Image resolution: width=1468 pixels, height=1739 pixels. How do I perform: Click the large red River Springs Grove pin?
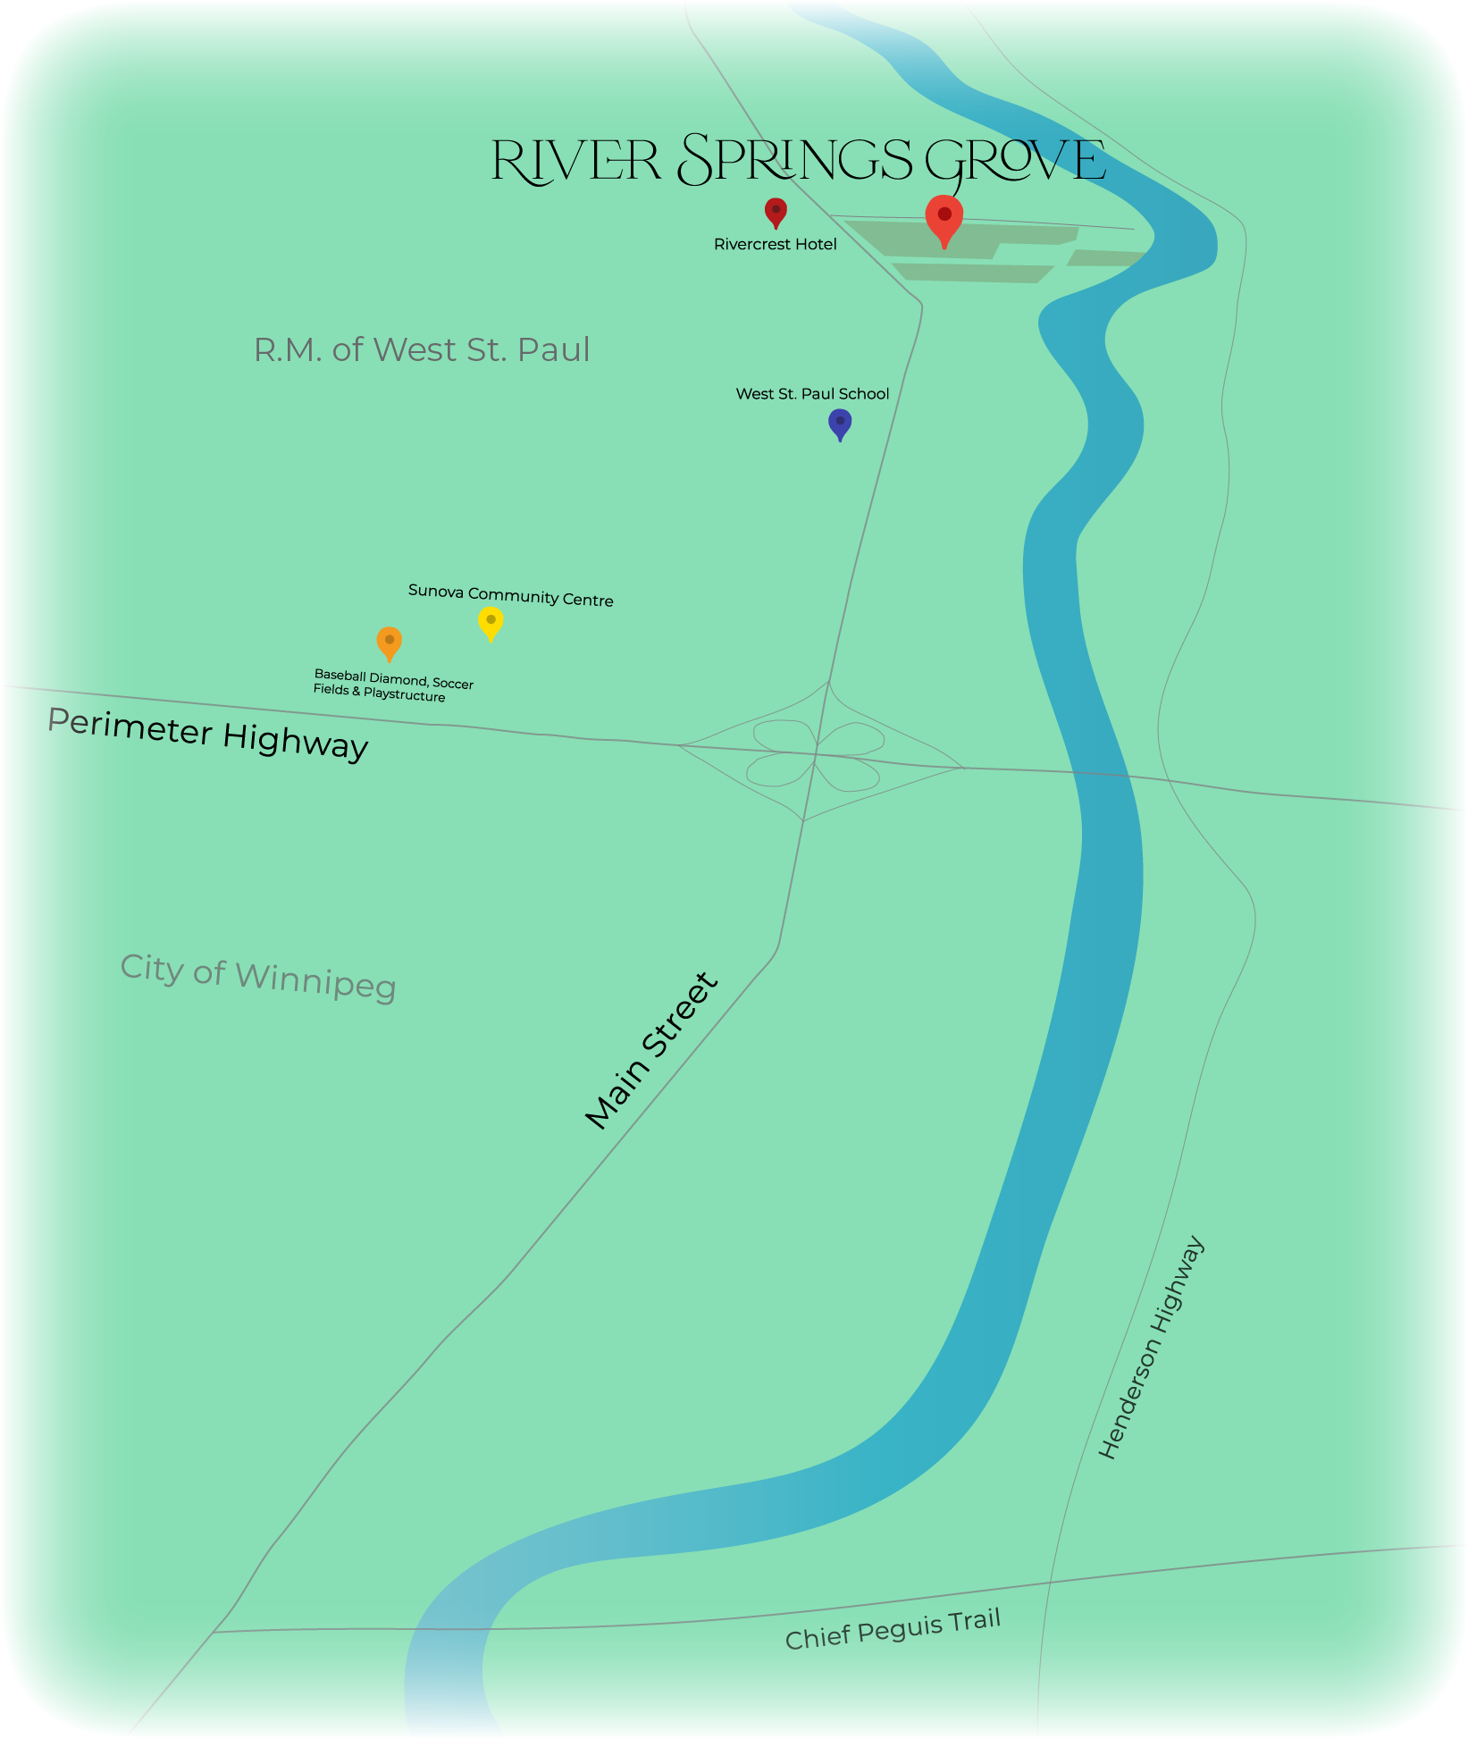pyautogui.click(x=944, y=217)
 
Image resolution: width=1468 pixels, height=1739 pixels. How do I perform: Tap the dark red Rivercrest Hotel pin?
pyautogui.click(x=776, y=212)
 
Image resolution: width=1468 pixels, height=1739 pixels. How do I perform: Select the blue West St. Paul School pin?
pyautogui.click(x=840, y=423)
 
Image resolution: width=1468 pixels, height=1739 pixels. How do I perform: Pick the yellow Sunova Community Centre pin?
pyautogui.click(x=491, y=621)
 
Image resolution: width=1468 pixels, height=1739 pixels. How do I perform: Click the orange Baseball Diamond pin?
pyautogui.click(x=389, y=642)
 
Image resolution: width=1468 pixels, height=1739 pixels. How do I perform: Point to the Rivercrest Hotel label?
pyautogui.click(x=775, y=244)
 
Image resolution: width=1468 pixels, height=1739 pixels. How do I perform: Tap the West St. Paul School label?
pyautogui.click(x=812, y=394)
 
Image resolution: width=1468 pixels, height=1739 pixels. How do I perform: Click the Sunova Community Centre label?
pyautogui.click(x=510, y=595)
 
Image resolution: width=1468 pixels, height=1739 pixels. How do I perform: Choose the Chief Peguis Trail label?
pyautogui.click(x=893, y=1628)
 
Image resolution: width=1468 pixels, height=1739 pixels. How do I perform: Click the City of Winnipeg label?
pyautogui.click(x=257, y=976)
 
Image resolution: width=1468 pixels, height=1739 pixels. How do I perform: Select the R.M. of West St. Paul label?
pyautogui.click(x=422, y=349)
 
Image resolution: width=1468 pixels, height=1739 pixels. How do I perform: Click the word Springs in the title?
pyautogui.click(x=795, y=161)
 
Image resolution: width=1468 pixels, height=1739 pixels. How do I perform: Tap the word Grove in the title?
pyautogui.click(x=1015, y=161)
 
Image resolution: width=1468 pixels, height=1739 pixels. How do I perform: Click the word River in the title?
pyautogui.click(x=575, y=161)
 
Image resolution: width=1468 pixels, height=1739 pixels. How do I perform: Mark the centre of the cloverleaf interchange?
pyautogui.click(x=816, y=754)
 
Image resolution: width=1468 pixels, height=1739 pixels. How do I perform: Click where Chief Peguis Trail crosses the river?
pyautogui.click(x=447, y=1629)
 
